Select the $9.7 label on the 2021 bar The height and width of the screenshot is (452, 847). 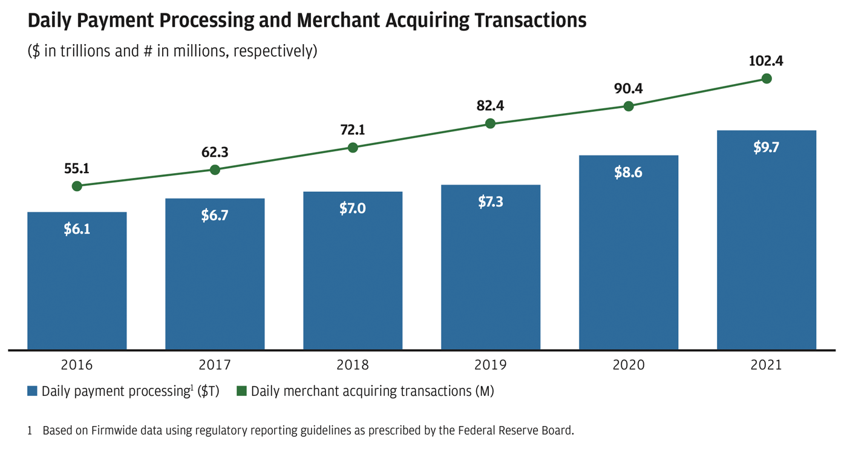(766, 148)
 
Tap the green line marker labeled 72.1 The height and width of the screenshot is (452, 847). (353, 148)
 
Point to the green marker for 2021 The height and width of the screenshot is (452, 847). (767, 78)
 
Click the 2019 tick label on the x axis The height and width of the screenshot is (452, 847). (491, 365)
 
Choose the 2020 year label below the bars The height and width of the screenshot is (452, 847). (629, 365)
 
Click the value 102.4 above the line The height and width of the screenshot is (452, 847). (766, 61)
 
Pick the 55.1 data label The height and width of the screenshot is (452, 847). (77, 169)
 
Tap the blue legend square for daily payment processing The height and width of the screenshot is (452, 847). (33, 391)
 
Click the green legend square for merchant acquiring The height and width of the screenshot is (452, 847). (241, 391)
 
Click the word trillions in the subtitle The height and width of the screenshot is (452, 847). (82, 51)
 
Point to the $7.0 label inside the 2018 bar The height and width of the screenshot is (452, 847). (353, 208)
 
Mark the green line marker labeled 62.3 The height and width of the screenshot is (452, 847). (215, 170)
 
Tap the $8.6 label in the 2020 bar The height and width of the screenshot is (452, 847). (629, 172)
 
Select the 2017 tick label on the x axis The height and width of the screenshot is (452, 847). (215, 365)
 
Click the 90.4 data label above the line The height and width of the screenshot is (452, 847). (629, 89)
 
